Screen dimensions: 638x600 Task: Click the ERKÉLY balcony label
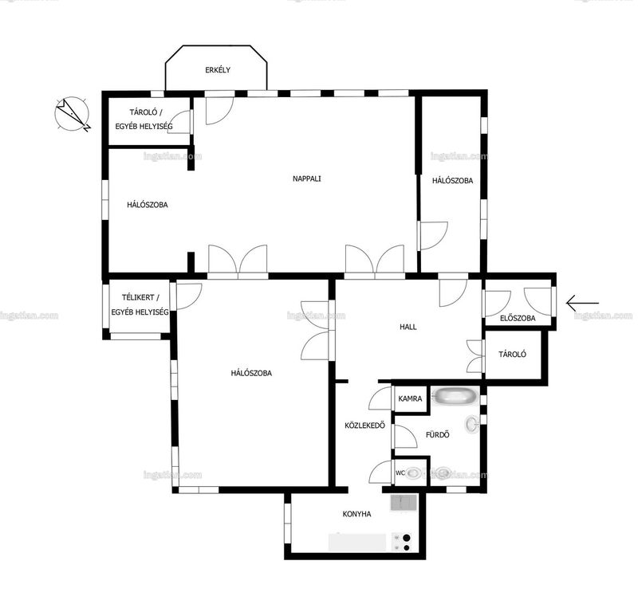click(x=218, y=70)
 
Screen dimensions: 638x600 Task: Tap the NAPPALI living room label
click(x=307, y=178)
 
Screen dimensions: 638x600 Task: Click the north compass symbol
click(x=73, y=114)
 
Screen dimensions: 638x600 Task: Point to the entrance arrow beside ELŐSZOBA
click(x=582, y=303)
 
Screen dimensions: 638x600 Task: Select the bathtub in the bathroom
click(x=455, y=396)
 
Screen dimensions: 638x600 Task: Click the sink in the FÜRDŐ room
click(x=472, y=424)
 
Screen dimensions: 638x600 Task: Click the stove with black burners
click(x=401, y=543)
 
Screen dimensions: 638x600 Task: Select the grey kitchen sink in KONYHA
click(x=404, y=503)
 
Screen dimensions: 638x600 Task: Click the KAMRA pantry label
click(x=410, y=398)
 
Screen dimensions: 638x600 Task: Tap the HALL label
click(x=408, y=327)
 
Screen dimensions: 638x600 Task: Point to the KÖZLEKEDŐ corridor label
click(x=364, y=425)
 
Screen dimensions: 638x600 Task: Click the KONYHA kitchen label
click(x=356, y=514)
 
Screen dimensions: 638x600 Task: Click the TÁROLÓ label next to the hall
click(x=512, y=354)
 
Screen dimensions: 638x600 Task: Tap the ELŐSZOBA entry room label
click(x=518, y=318)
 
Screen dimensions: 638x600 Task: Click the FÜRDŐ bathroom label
click(x=437, y=435)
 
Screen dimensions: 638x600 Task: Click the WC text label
click(x=400, y=473)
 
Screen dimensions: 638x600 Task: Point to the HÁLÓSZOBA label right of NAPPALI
click(x=452, y=181)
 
